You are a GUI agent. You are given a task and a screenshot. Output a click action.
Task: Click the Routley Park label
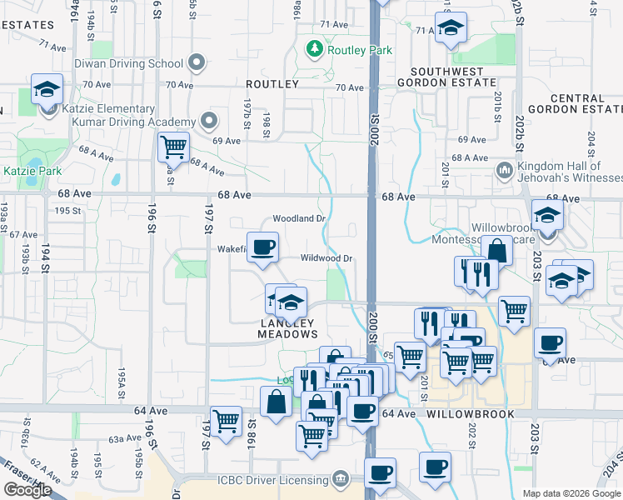tap(360, 50)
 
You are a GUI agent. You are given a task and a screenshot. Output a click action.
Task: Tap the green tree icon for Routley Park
tap(315, 49)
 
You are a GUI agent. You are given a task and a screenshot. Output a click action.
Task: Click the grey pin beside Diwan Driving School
tap(197, 62)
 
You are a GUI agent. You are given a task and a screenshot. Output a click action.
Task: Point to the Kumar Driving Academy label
tap(142, 122)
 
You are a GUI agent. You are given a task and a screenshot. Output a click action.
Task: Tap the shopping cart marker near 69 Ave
tap(173, 147)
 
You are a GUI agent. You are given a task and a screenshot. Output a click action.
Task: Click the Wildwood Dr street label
tap(327, 258)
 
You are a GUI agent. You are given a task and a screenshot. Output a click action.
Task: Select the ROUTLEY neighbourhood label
tap(272, 85)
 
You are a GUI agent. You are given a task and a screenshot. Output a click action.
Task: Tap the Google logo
tap(27, 490)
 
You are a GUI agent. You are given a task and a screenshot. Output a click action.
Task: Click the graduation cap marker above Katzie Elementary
tap(47, 88)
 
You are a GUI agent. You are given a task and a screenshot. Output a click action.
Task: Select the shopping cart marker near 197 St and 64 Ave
tap(226, 421)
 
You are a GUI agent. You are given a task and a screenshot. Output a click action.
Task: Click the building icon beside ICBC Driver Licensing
tap(340, 479)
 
